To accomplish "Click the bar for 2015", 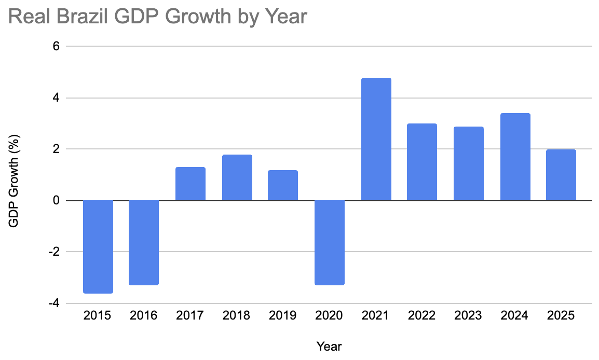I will pos(98,247).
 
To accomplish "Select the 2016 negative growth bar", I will pos(144,243).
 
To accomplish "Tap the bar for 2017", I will pos(190,184).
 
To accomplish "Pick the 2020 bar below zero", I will pos(330,243).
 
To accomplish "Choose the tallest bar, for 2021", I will pos(376,139).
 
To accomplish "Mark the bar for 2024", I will pos(515,157).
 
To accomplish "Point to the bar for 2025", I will pos(561,175).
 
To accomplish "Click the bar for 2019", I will pos(283,185).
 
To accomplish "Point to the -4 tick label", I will pos(53,303).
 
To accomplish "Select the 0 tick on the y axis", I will pos(56,200).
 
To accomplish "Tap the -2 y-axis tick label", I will pos(53,252).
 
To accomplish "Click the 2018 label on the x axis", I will pos(236,315).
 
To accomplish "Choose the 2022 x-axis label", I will pos(421,315).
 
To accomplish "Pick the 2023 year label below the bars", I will pos(468,315).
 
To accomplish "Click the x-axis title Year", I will pos(329,346).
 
